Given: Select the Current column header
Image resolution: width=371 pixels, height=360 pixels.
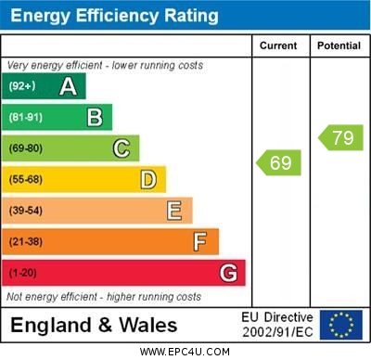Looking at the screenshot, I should click(x=278, y=45).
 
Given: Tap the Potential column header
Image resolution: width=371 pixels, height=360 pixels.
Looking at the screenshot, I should click(x=339, y=45).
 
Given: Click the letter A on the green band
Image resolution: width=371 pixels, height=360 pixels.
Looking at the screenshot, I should click(x=68, y=86).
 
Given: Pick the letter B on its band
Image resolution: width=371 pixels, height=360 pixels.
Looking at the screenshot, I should click(x=95, y=117).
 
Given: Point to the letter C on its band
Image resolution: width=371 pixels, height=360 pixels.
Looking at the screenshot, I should click(x=121, y=148).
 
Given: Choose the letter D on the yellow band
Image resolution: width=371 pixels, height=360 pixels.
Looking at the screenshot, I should click(x=147, y=179).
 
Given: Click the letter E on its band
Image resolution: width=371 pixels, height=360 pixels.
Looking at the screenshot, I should click(x=173, y=211).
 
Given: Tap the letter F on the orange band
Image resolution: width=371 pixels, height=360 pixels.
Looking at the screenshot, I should click(x=199, y=242).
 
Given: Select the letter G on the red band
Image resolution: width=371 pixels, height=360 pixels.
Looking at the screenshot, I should click(x=227, y=273).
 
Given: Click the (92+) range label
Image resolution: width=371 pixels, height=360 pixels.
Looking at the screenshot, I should click(x=22, y=86).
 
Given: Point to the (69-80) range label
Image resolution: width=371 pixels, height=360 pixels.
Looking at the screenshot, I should click(x=26, y=148).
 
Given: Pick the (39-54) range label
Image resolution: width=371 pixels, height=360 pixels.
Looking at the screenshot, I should click(x=26, y=211).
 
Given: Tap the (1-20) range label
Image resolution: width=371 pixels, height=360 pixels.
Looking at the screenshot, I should click(x=23, y=273).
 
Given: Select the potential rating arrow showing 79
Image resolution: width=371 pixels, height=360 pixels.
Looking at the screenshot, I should click(x=340, y=138).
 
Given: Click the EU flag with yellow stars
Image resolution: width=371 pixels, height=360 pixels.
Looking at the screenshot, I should click(x=340, y=324).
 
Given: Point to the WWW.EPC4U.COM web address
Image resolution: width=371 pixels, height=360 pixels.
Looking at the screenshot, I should click(x=185, y=352).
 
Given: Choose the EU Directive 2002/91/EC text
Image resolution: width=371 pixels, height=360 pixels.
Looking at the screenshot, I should click(x=277, y=324).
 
